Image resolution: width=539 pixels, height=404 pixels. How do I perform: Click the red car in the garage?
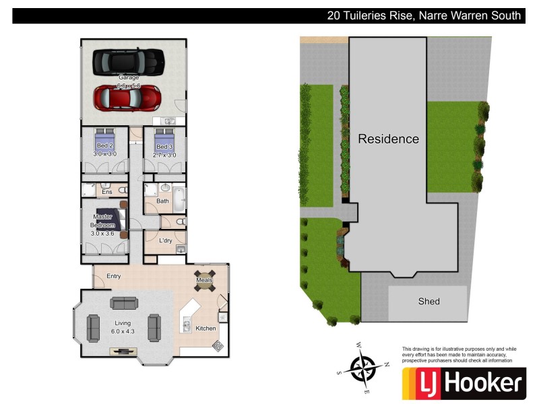point(127,98)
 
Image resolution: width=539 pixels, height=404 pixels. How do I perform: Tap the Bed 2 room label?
point(104,147)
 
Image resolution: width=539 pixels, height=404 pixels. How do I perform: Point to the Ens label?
point(106,192)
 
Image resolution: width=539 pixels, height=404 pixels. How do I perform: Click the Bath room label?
point(163,201)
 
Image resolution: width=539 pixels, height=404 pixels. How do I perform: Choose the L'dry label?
point(166,240)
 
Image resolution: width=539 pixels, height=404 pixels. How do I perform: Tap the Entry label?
point(113,276)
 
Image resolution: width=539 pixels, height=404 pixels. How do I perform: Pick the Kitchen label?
point(205,329)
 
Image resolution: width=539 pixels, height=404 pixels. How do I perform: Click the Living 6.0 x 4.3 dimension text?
point(123,332)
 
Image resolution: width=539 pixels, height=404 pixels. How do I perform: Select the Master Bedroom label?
point(103,221)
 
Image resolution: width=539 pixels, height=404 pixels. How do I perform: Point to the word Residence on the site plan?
point(388,139)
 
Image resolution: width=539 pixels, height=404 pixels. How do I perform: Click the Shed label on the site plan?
point(429,301)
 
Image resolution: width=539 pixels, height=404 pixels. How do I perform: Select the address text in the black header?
point(424,15)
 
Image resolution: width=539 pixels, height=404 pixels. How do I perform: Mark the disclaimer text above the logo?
point(459,354)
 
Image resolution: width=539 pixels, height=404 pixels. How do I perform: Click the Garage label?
point(128,77)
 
